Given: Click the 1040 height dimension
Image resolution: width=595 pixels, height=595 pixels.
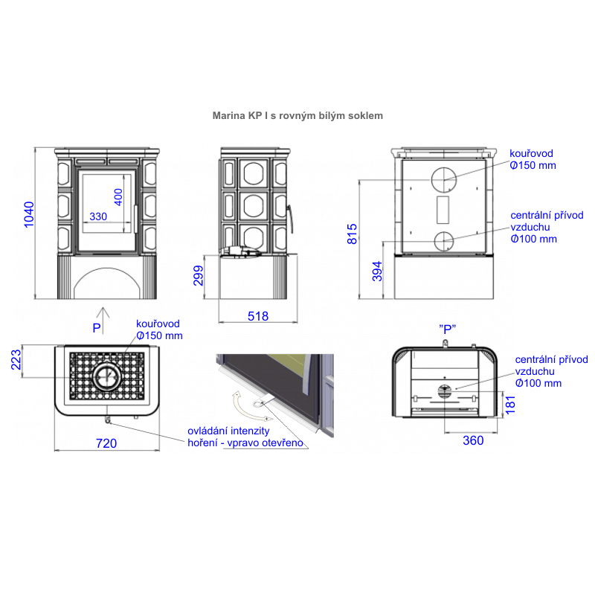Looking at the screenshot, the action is (29, 215).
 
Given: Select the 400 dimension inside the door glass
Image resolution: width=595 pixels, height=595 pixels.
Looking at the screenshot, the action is (118, 197).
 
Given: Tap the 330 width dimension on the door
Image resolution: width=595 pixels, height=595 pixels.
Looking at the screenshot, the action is (98, 216).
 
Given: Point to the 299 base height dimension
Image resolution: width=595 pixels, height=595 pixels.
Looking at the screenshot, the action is (199, 275).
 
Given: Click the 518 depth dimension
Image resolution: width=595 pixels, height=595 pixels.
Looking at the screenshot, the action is (258, 316).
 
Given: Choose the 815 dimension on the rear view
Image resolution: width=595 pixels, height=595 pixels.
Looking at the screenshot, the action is (352, 234).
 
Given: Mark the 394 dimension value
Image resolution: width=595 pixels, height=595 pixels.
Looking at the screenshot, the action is (377, 271).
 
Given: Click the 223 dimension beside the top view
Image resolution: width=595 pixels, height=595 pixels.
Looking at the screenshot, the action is (16, 360).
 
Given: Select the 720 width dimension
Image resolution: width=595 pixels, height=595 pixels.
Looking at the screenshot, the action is (106, 443).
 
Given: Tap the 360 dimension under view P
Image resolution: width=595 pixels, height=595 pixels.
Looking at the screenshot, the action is (473, 440).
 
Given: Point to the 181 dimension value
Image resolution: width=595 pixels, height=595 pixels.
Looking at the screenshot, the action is (510, 405).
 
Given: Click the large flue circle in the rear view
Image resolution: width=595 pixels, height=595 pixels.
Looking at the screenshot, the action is (443, 180).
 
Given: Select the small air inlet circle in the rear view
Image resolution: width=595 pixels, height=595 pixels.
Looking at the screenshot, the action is (443, 241).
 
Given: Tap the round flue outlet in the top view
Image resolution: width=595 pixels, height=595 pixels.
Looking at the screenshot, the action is (107, 377).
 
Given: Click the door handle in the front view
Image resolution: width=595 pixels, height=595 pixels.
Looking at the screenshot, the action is (135, 219).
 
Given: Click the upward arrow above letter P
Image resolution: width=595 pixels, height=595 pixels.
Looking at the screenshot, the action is (103, 321).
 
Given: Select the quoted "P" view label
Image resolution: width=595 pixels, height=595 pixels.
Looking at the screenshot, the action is (448, 329).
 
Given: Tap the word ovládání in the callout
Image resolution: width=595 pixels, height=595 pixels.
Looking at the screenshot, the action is (208, 431).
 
